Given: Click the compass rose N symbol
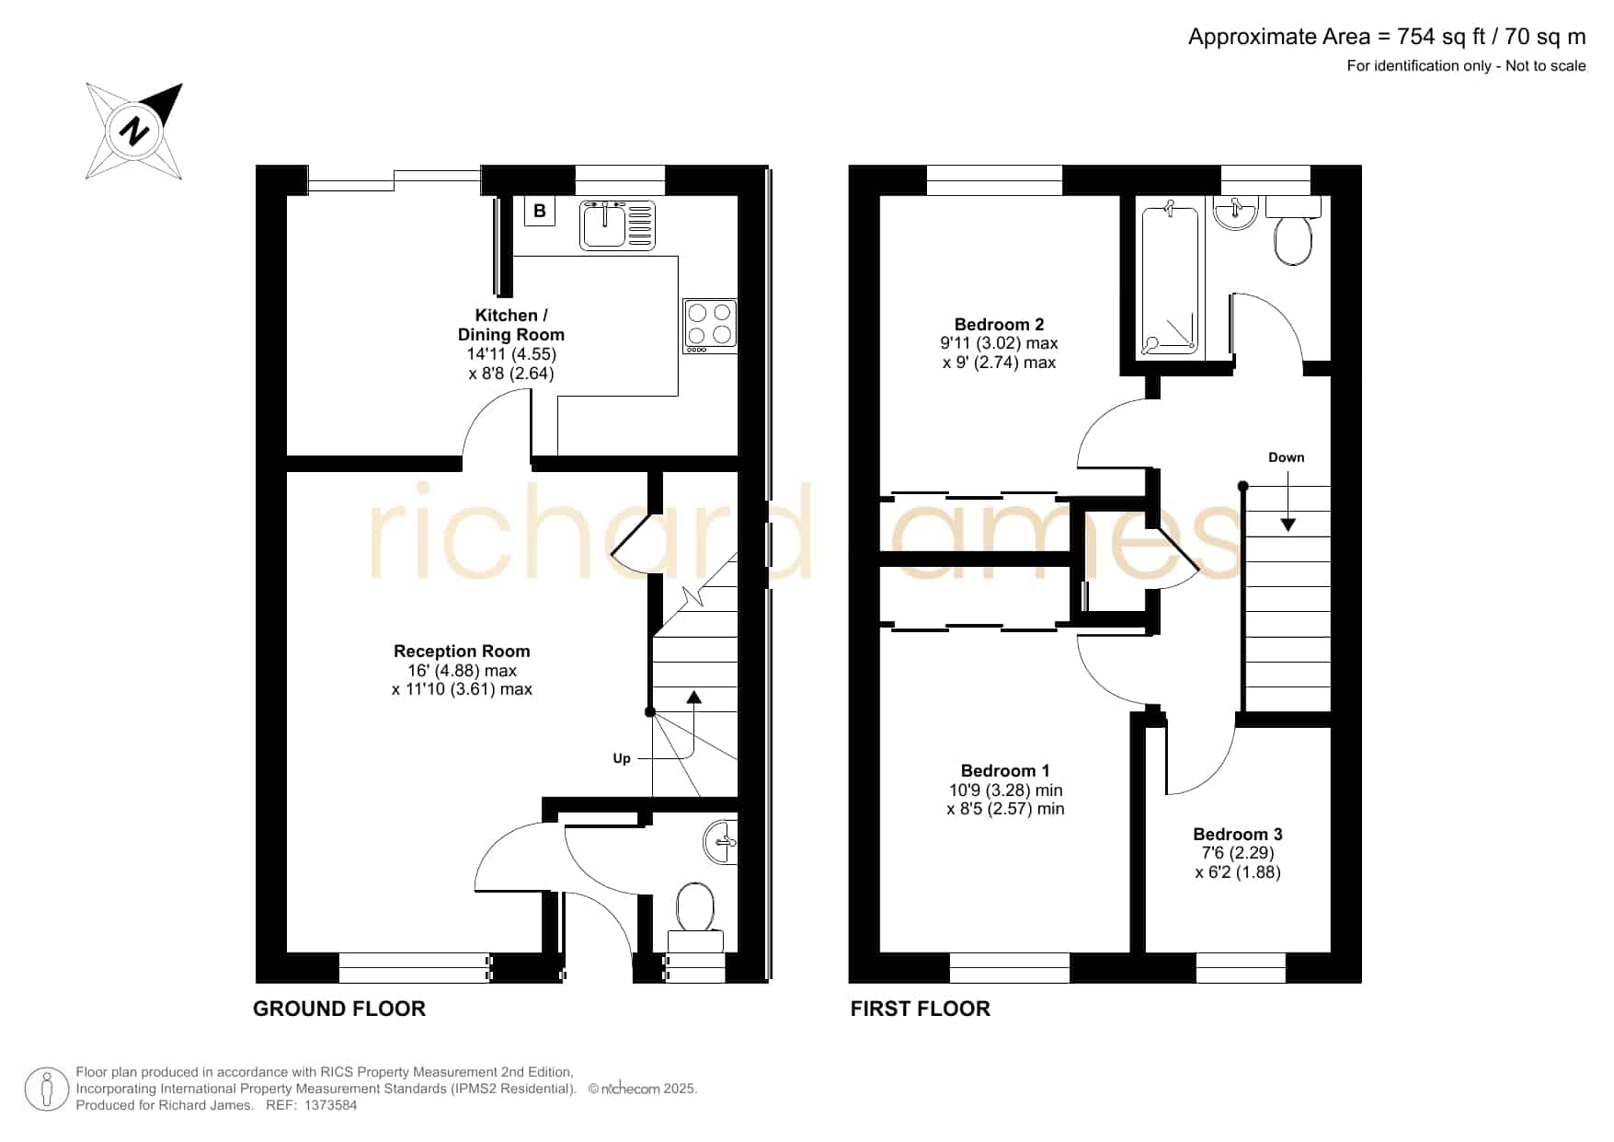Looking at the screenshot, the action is click(135, 132).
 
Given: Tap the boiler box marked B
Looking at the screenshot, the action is click(540, 211).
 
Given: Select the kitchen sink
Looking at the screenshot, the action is click(617, 225).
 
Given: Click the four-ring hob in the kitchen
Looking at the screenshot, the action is click(710, 326).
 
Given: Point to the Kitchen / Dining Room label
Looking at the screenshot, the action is click(511, 325).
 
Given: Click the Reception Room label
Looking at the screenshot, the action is click(462, 651).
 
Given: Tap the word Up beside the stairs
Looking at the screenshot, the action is click(622, 758).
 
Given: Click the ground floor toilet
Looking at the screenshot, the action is click(695, 917).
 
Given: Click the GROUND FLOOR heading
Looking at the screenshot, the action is click(339, 1009).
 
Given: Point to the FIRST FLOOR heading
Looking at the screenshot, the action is click(921, 1009).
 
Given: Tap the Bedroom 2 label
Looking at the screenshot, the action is click(999, 324).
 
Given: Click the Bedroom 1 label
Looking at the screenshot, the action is click(1005, 770).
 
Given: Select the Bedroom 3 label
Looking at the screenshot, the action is click(1238, 834).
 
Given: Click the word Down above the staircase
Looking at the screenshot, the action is click(1287, 457).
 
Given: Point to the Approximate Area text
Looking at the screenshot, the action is click(1387, 37).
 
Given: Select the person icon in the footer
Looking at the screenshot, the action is click(47, 1090).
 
